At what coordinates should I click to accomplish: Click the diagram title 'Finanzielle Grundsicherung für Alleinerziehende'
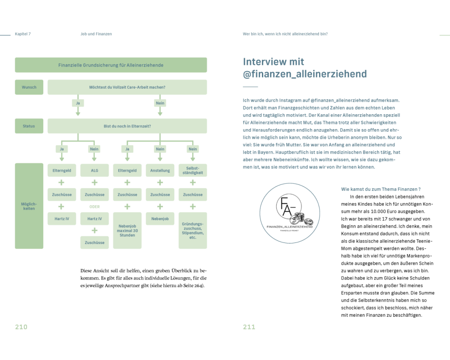coord(111,65)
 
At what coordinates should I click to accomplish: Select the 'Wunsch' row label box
coord(29,87)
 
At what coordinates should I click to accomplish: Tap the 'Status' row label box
coord(29,126)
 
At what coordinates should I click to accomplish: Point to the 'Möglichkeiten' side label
coord(29,206)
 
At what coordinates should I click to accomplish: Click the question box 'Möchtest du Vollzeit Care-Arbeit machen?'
coord(127,87)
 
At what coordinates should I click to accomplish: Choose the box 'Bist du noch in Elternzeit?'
coord(127,126)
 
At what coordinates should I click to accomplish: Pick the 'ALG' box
coord(94,171)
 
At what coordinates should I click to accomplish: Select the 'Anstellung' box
coord(160,171)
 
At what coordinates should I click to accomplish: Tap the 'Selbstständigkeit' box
coord(193,170)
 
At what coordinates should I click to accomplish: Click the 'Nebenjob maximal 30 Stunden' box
coord(127,230)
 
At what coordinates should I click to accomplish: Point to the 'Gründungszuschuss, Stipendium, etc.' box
coord(193,230)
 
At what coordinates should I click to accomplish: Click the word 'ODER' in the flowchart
coord(94,207)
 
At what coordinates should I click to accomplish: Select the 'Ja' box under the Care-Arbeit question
coord(78,103)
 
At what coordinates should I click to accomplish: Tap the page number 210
coord(21,327)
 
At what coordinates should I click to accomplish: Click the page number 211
coord(249,327)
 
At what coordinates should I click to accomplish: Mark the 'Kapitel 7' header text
coord(23,34)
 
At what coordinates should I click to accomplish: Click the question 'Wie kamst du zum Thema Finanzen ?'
coord(381,189)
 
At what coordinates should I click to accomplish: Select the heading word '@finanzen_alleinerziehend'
coord(305,74)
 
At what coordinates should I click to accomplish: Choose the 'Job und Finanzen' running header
coord(93,34)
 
